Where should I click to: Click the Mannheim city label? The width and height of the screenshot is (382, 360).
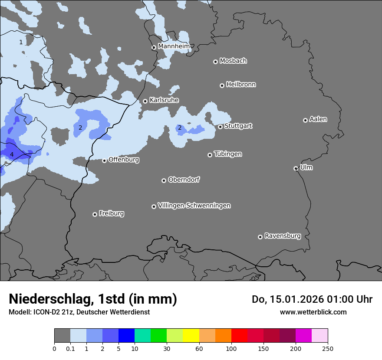pos(174,46)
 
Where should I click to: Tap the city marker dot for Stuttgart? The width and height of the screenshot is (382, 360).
pos(221,127)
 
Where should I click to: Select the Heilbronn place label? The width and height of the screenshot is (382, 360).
pos(241,84)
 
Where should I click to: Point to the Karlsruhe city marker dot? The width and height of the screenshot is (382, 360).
pos(145,101)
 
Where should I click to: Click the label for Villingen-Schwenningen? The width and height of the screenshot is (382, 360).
pos(194,205)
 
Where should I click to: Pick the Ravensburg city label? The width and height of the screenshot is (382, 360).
pos(283,236)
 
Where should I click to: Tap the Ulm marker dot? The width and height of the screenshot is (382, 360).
pos(296,168)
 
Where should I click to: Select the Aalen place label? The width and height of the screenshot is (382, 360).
pos(318,119)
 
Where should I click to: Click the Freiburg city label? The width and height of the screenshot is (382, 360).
pos(111,213)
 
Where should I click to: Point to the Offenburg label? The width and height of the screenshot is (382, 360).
pos(124,159)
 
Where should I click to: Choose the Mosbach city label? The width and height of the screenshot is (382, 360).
pos(233,61)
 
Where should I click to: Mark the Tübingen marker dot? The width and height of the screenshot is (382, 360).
pos(210,155)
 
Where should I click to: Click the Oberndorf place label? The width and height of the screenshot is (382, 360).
pos(184,180)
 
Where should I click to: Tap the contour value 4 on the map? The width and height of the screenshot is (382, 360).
pos(12,154)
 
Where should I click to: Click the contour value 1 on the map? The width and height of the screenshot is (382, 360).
pos(21,42)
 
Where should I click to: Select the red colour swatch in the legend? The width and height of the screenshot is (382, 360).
pos(239,336)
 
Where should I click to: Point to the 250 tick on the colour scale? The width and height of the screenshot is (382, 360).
pos(328,348)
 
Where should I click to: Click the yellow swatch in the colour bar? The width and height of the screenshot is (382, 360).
pos(191,336)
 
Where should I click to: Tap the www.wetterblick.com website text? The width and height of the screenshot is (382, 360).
pos(313,312)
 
